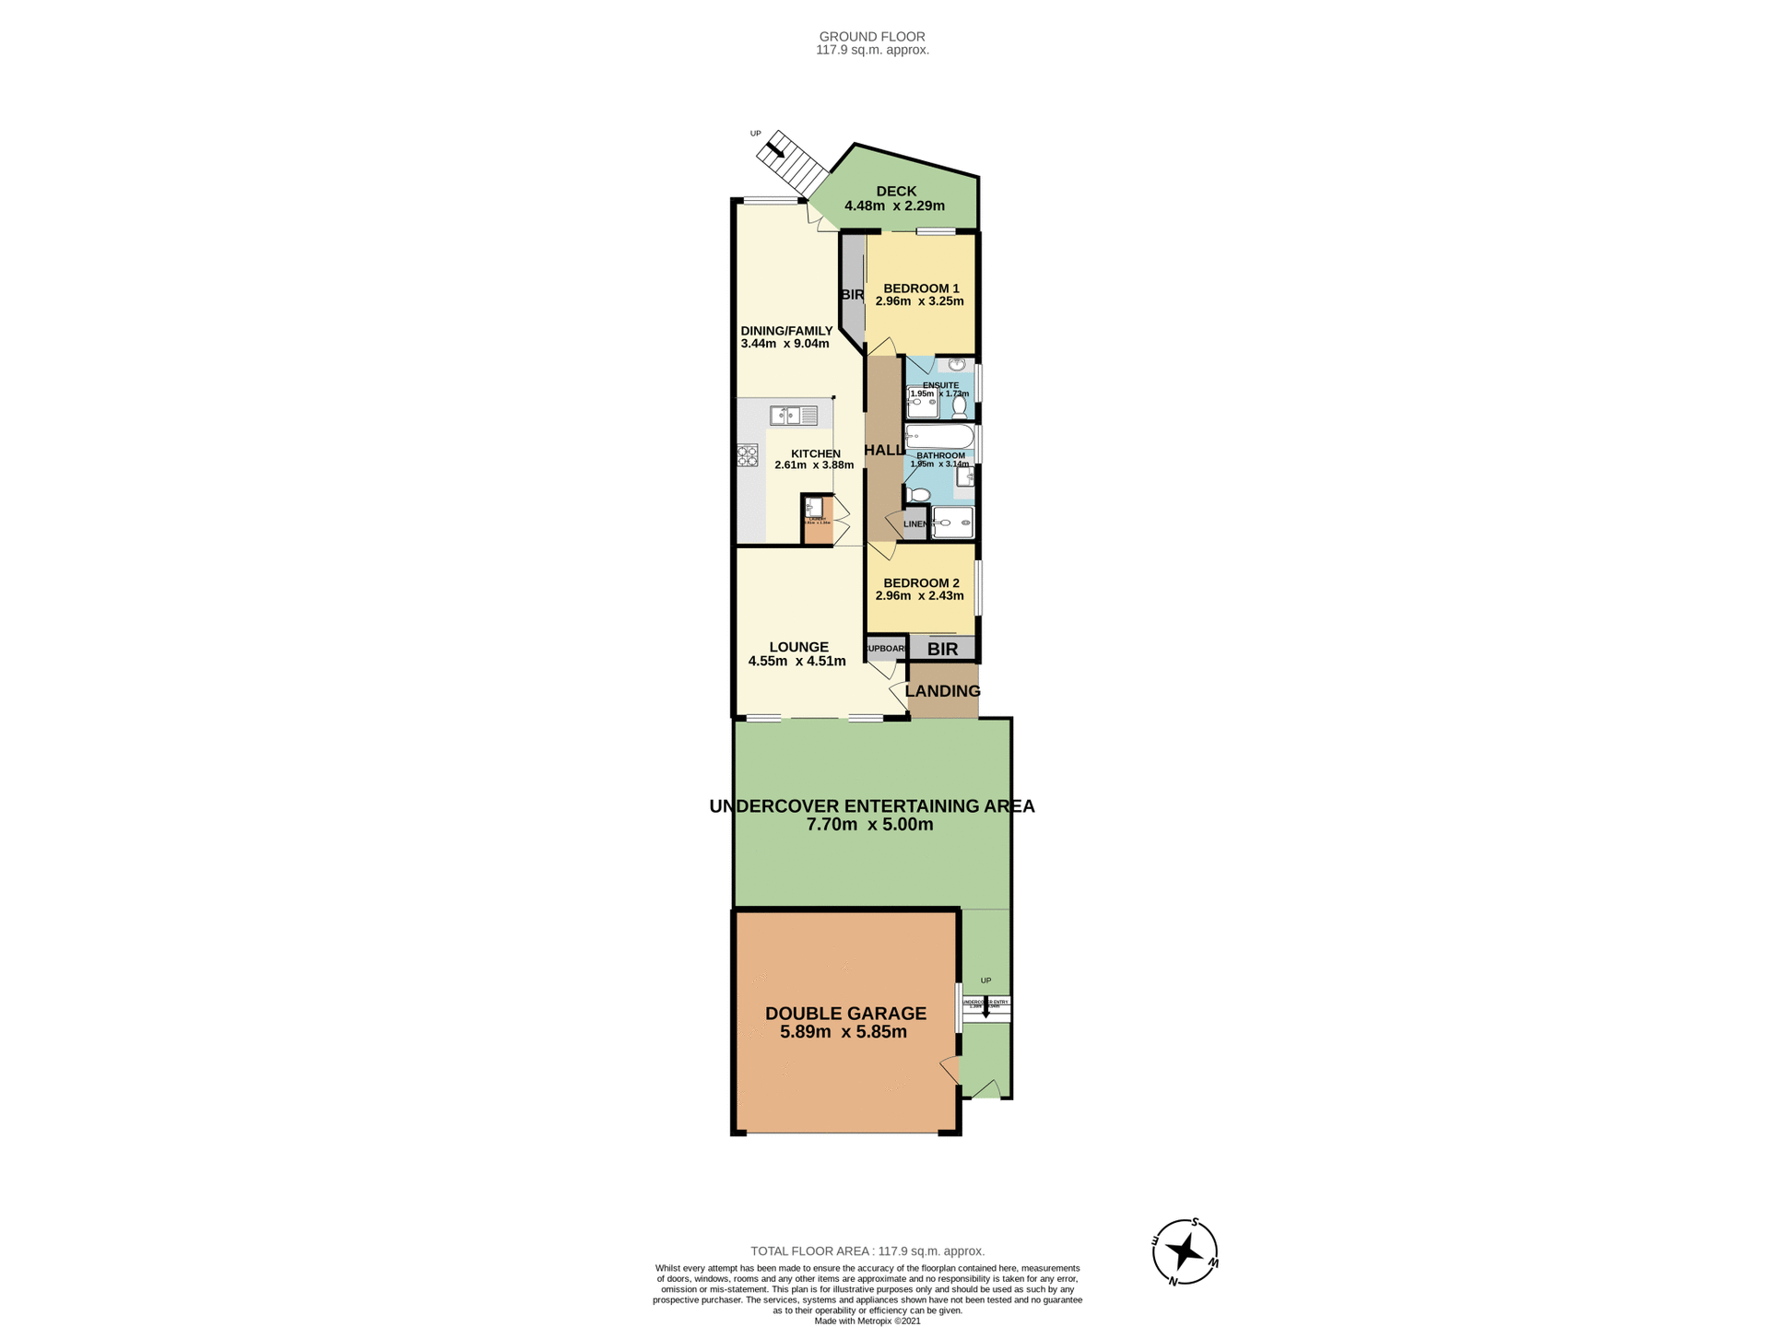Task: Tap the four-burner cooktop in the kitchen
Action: click(747, 455)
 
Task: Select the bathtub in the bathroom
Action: click(939, 437)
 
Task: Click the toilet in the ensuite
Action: click(960, 405)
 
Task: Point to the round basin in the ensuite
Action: click(957, 365)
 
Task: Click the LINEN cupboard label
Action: click(914, 524)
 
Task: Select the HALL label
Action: click(883, 451)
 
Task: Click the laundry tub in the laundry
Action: click(813, 506)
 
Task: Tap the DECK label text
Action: click(896, 192)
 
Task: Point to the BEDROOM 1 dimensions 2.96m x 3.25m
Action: click(919, 301)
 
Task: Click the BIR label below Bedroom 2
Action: click(942, 650)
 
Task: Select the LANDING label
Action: click(942, 691)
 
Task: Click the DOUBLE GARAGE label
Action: click(845, 1014)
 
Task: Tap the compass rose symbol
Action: click(1185, 1251)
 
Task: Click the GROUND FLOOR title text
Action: click(872, 37)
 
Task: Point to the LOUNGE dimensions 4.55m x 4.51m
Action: click(796, 661)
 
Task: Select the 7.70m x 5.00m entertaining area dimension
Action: click(869, 825)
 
